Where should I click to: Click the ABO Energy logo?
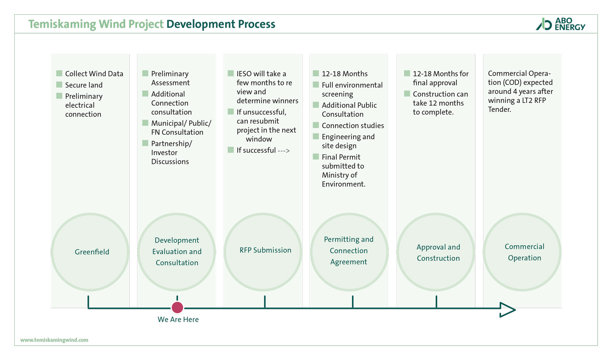(561, 24)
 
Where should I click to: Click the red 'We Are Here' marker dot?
(177, 307)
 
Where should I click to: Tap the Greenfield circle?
(90, 252)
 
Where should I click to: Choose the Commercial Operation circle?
(522, 252)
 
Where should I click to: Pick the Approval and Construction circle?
(436, 252)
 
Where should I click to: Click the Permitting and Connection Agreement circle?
(349, 252)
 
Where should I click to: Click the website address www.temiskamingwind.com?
(54, 340)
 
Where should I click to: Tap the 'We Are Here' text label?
(178, 320)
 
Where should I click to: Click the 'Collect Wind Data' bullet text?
(94, 74)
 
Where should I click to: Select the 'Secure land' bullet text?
(84, 85)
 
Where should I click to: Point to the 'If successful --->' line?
(263, 150)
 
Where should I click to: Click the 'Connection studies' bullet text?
(353, 126)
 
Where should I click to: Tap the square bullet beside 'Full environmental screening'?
(316, 84)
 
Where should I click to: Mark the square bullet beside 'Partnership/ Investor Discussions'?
(145, 143)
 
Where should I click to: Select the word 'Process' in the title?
(257, 24)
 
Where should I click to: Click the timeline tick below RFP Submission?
(265, 302)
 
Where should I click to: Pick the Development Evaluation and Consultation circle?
(177, 252)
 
